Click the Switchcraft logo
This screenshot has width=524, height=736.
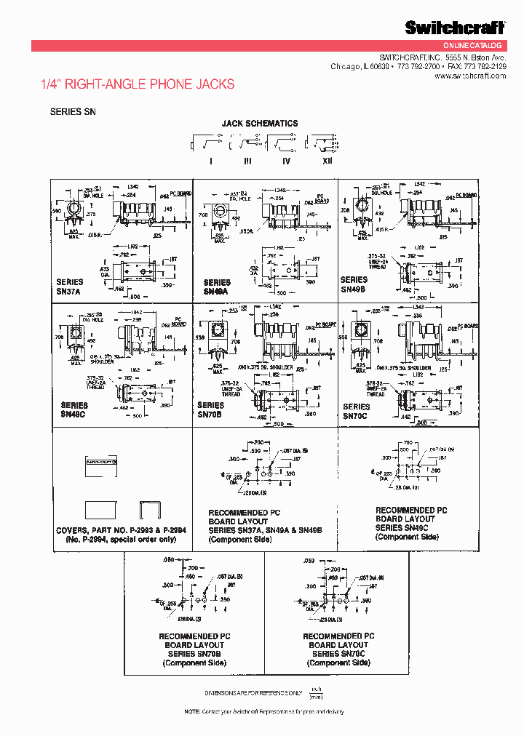click(455, 28)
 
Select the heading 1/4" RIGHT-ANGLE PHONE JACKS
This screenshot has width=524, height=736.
click(138, 84)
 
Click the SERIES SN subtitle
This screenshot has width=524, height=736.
click(73, 112)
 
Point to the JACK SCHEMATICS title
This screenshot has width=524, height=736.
click(260, 124)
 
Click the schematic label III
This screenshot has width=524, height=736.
click(247, 161)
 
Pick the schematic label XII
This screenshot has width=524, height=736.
click(327, 161)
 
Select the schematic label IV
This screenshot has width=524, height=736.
click(286, 161)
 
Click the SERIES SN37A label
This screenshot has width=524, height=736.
click(71, 285)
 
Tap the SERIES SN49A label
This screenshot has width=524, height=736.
click(217, 287)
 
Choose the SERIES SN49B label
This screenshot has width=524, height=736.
click(354, 284)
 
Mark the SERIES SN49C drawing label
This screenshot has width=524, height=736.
click(74, 409)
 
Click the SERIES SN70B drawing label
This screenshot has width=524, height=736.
click(211, 409)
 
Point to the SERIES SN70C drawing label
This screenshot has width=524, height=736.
click(357, 411)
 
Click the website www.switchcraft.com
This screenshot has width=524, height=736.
click(478, 76)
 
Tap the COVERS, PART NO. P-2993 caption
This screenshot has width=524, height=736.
click(121, 530)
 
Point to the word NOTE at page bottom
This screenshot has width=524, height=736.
click(191, 711)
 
